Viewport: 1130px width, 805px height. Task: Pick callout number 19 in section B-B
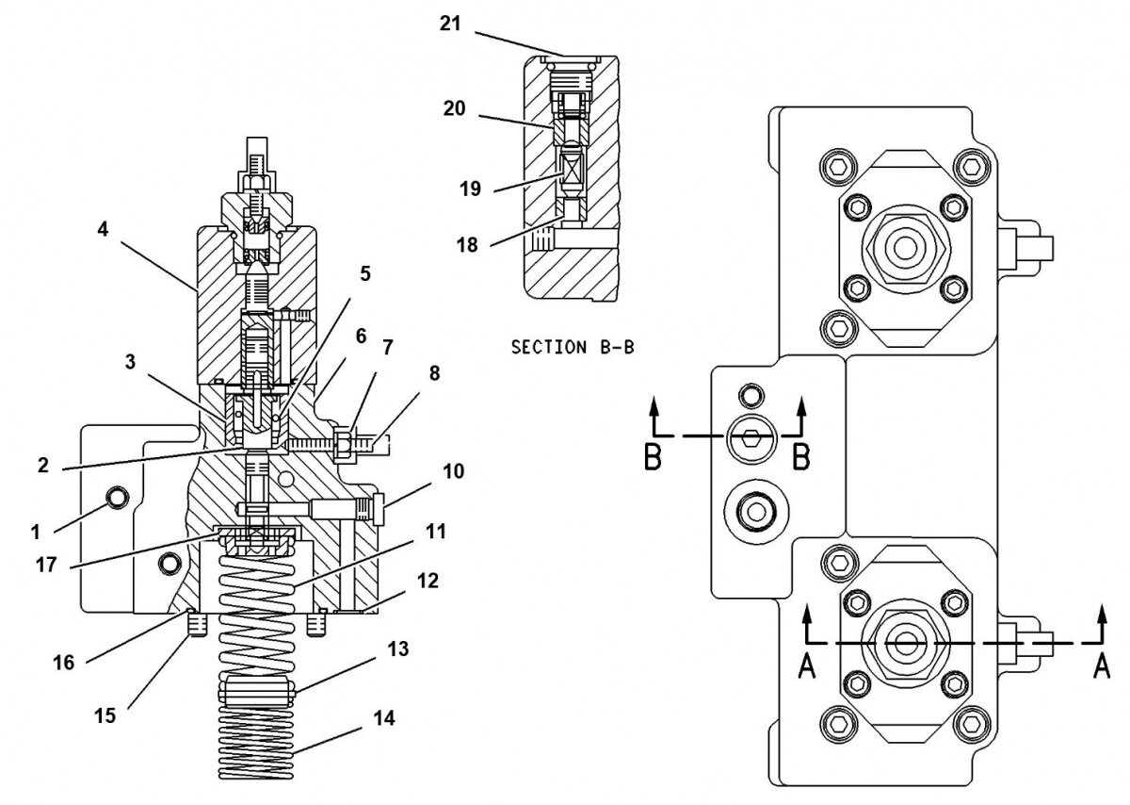(471, 189)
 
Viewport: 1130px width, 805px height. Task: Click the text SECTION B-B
(572, 347)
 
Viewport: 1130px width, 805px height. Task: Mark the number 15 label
(105, 716)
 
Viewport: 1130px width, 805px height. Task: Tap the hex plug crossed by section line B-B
(751, 435)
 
